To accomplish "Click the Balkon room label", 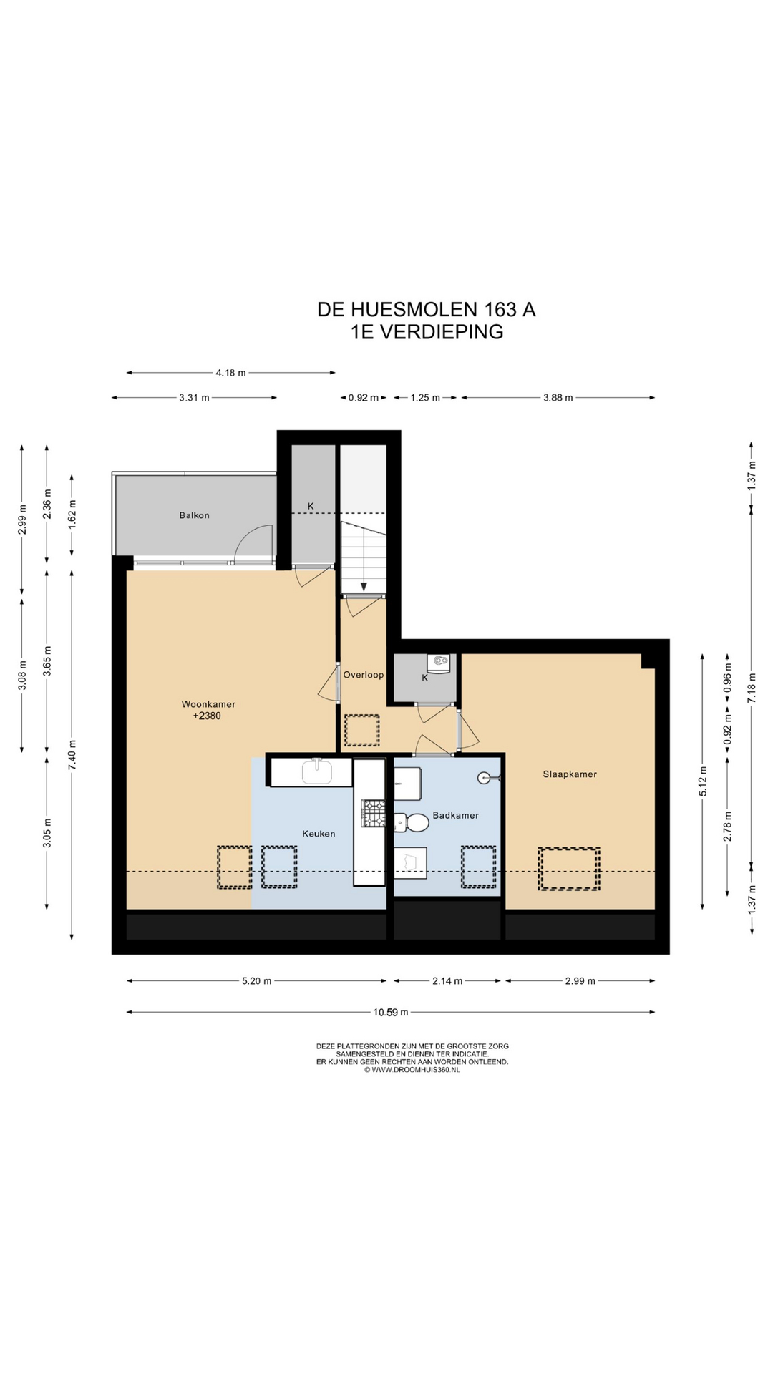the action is tap(195, 515).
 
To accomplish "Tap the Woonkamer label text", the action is tap(208, 704).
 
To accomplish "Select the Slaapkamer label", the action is tap(570, 774).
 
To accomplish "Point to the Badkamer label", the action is tap(456, 815).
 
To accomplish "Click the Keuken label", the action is tap(319, 834).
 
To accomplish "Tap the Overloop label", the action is tap(364, 675).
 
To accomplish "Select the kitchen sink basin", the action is tap(317, 771).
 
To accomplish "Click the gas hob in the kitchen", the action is tap(374, 814).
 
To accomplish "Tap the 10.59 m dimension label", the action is tap(391, 1012).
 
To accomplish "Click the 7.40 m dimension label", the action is tap(72, 754).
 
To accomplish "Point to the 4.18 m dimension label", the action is tap(230, 373).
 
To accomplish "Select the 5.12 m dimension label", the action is tap(703, 781).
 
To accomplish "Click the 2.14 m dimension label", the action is tap(447, 981).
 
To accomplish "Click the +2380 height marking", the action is tap(207, 716).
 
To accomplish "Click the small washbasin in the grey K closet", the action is tap(439, 663).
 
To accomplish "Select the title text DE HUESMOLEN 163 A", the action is tap(427, 310).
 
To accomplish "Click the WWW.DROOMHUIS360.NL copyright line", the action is tap(412, 1070).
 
